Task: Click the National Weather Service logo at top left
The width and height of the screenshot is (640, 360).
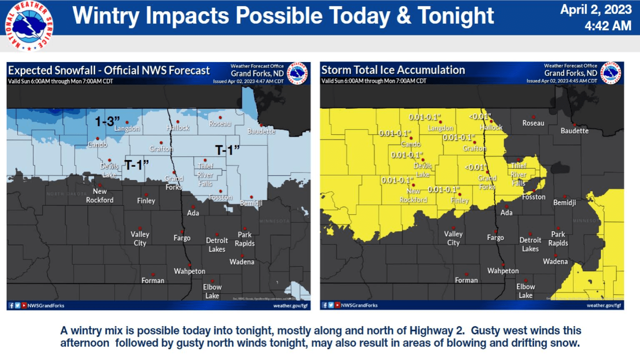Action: point(29,26)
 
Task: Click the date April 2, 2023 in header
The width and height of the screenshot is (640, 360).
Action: point(595,10)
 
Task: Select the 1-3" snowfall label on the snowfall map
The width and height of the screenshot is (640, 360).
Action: point(107,122)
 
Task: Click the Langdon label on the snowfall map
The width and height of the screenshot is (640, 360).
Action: point(127,128)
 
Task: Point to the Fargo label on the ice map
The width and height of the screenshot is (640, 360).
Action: point(495,237)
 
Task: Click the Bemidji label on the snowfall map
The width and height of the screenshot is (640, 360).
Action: point(251,203)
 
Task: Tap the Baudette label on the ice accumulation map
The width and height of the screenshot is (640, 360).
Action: point(575,131)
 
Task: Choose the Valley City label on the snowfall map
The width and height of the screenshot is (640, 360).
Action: point(140,239)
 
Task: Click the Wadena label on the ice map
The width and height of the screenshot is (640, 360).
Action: point(555,262)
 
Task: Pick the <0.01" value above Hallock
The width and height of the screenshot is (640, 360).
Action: point(480,117)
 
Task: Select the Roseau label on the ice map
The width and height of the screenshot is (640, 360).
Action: point(533,123)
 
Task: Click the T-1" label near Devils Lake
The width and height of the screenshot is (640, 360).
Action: point(136,165)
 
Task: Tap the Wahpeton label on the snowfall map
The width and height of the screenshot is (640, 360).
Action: point(190,271)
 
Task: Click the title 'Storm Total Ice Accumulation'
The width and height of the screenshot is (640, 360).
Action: point(393,70)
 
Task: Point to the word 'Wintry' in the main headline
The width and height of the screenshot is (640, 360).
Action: point(106,16)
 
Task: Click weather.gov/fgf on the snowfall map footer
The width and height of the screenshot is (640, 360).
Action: point(290,306)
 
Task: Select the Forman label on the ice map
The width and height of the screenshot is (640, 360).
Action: point(466,280)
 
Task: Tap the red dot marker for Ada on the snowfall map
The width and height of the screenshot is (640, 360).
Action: point(193,207)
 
